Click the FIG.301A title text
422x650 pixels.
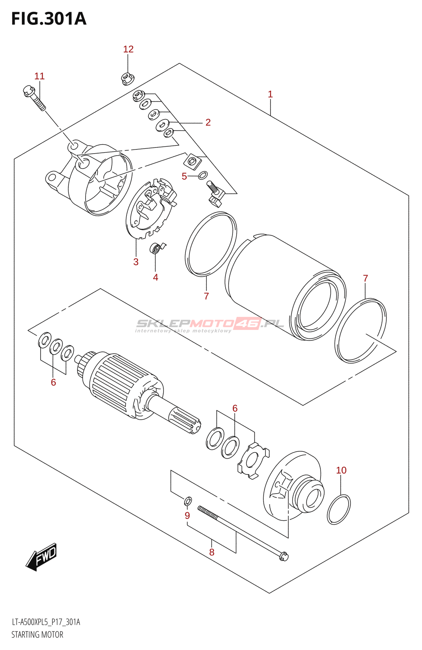(49, 19)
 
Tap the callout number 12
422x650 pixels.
(128, 49)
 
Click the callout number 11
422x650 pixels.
(39, 76)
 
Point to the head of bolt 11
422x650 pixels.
(28, 91)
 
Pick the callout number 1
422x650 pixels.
(270, 94)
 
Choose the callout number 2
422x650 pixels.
(208, 122)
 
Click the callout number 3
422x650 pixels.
(136, 262)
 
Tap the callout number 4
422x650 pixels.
(155, 277)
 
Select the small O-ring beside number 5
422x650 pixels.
(203, 175)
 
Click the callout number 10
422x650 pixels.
(341, 470)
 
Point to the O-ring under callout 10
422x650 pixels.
(339, 509)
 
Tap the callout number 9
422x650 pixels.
(187, 516)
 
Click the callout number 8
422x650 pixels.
(212, 552)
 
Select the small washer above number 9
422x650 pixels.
(188, 501)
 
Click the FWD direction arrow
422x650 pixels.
(41, 557)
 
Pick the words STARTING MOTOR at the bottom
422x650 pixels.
(37, 635)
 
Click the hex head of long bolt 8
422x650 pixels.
(284, 556)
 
